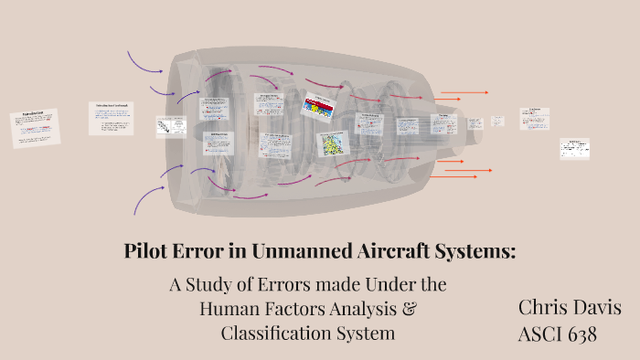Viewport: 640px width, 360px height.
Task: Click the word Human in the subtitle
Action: click(x=229, y=309)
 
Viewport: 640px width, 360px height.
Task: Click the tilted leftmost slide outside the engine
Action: click(x=35, y=128)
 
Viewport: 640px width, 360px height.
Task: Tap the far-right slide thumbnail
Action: click(x=574, y=148)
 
